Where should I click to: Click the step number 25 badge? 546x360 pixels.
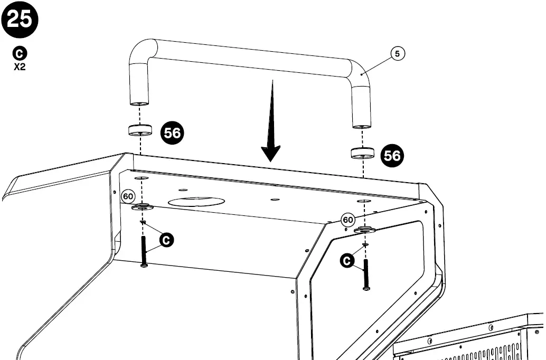pyautogui.click(x=20, y=20)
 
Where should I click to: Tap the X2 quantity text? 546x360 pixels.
pyautogui.click(x=20, y=67)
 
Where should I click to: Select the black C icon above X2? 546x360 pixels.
pyautogui.click(x=20, y=53)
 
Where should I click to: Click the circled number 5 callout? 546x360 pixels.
pyautogui.click(x=398, y=53)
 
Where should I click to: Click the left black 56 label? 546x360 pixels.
pyautogui.click(x=172, y=132)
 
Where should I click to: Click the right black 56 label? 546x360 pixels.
pyautogui.click(x=392, y=155)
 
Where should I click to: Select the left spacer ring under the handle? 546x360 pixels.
pyautogui.click(x=140, y=130)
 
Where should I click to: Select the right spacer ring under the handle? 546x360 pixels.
pyautogui.click(x=363, y=153)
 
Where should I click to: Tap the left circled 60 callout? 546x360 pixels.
pyautogui.click(x=128, y=196)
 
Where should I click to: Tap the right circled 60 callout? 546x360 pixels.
pyautogui.click(x=347, y=220)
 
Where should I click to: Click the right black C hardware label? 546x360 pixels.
pyautogui.click(x=347, y=260)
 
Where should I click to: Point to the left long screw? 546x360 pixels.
pyautogui.click(x=144, y=251)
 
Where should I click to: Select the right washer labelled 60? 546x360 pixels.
pyautogui.click(x=364, y=230)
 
